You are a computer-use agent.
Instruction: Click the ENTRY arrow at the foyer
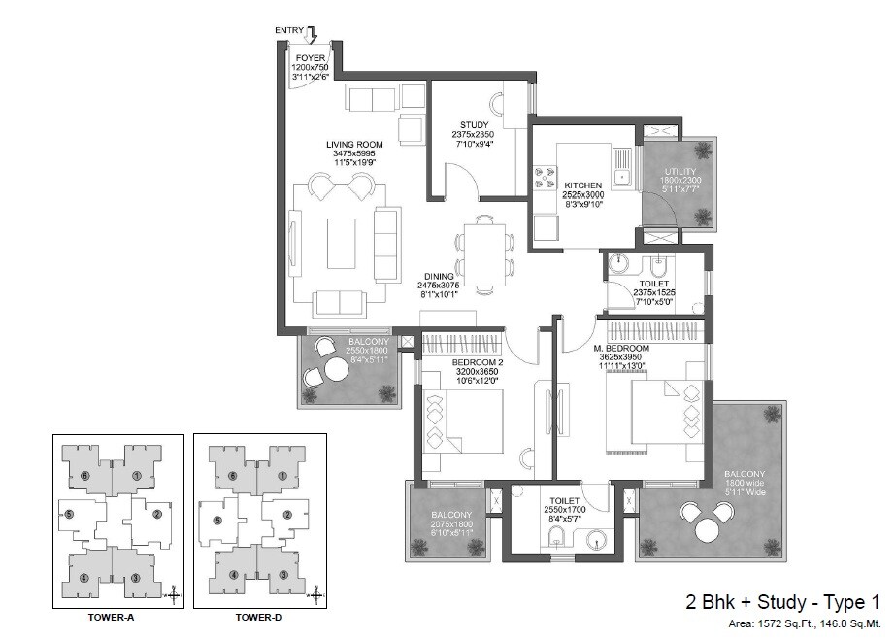pyautogui.click(x=311, y=35)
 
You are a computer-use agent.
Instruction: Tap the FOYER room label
pyautogui.click(x=310, y=58)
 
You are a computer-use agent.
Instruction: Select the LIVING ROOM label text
pyautogui.click(x=352, y=144)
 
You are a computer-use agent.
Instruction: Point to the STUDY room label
pyautogui.click(x=474, y=124)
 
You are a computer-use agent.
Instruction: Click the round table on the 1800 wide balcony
pyautogui.click(x=708, y=530)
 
